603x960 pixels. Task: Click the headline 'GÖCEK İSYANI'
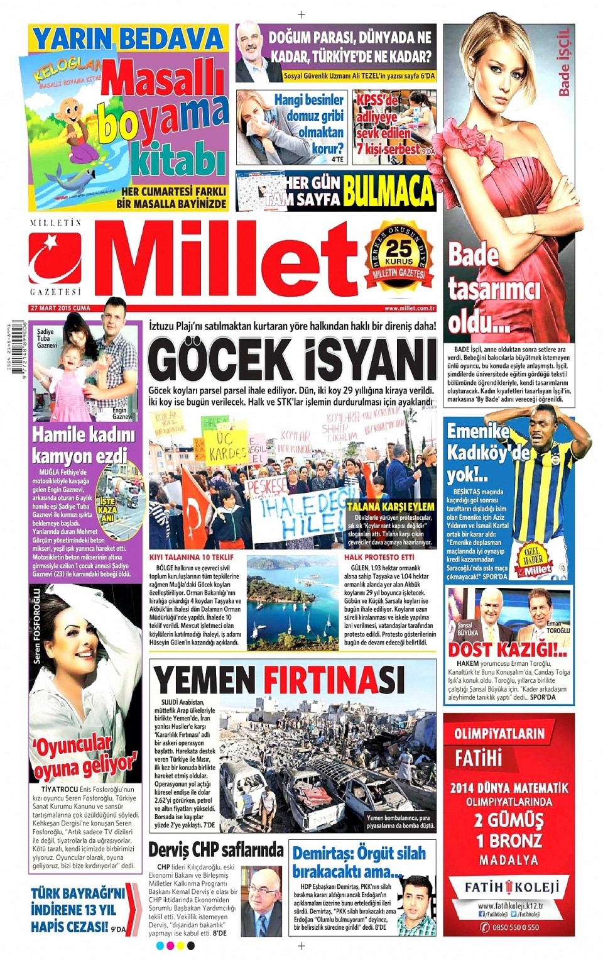292,360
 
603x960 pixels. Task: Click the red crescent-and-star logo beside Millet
55,258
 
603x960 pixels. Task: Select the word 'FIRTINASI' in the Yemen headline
333,680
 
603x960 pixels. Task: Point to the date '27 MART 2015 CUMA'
60,308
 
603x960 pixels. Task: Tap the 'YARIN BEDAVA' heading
128,39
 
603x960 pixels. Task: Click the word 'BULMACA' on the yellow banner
388,192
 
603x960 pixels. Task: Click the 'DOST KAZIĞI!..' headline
508,649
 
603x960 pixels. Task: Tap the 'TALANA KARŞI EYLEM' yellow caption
390,506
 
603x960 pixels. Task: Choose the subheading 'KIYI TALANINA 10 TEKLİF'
191,557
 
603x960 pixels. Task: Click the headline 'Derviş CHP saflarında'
216,850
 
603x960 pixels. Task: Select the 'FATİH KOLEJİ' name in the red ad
508,887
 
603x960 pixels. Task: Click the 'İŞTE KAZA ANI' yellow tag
108,510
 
